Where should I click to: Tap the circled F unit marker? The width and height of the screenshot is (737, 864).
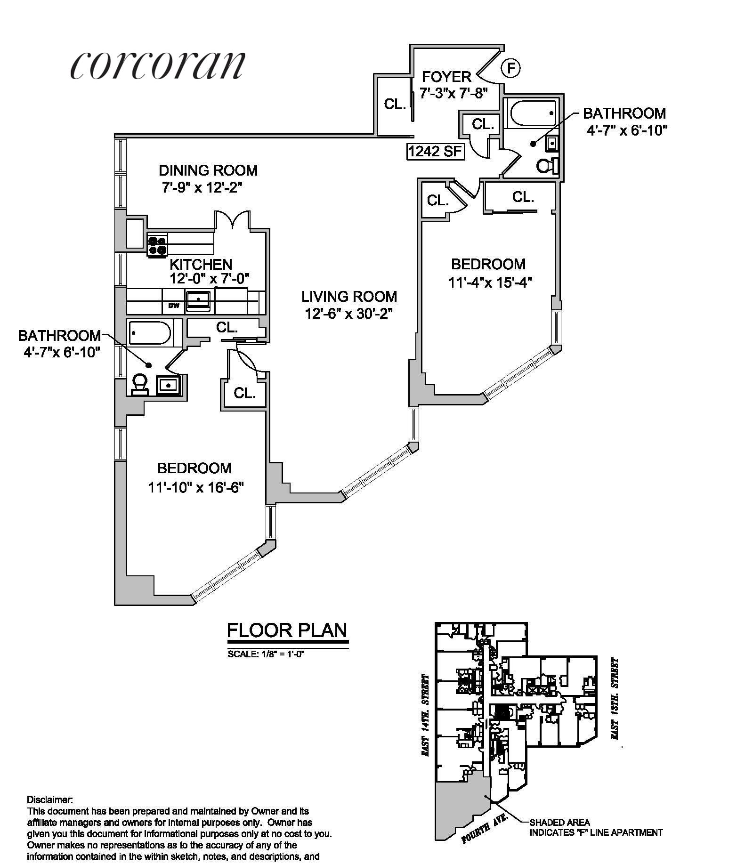click(511, 68)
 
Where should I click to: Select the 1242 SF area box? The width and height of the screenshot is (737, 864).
click(436, 152)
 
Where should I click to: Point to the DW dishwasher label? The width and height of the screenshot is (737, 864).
click(174, 306)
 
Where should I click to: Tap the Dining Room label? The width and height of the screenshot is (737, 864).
click(208, 170)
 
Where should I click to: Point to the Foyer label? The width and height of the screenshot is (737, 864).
click(446, 77)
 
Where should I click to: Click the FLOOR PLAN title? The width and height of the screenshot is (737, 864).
click(287, 630)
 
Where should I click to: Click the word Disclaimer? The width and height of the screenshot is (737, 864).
click(49, 799)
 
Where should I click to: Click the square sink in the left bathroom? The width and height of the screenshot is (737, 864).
click(168, 385)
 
